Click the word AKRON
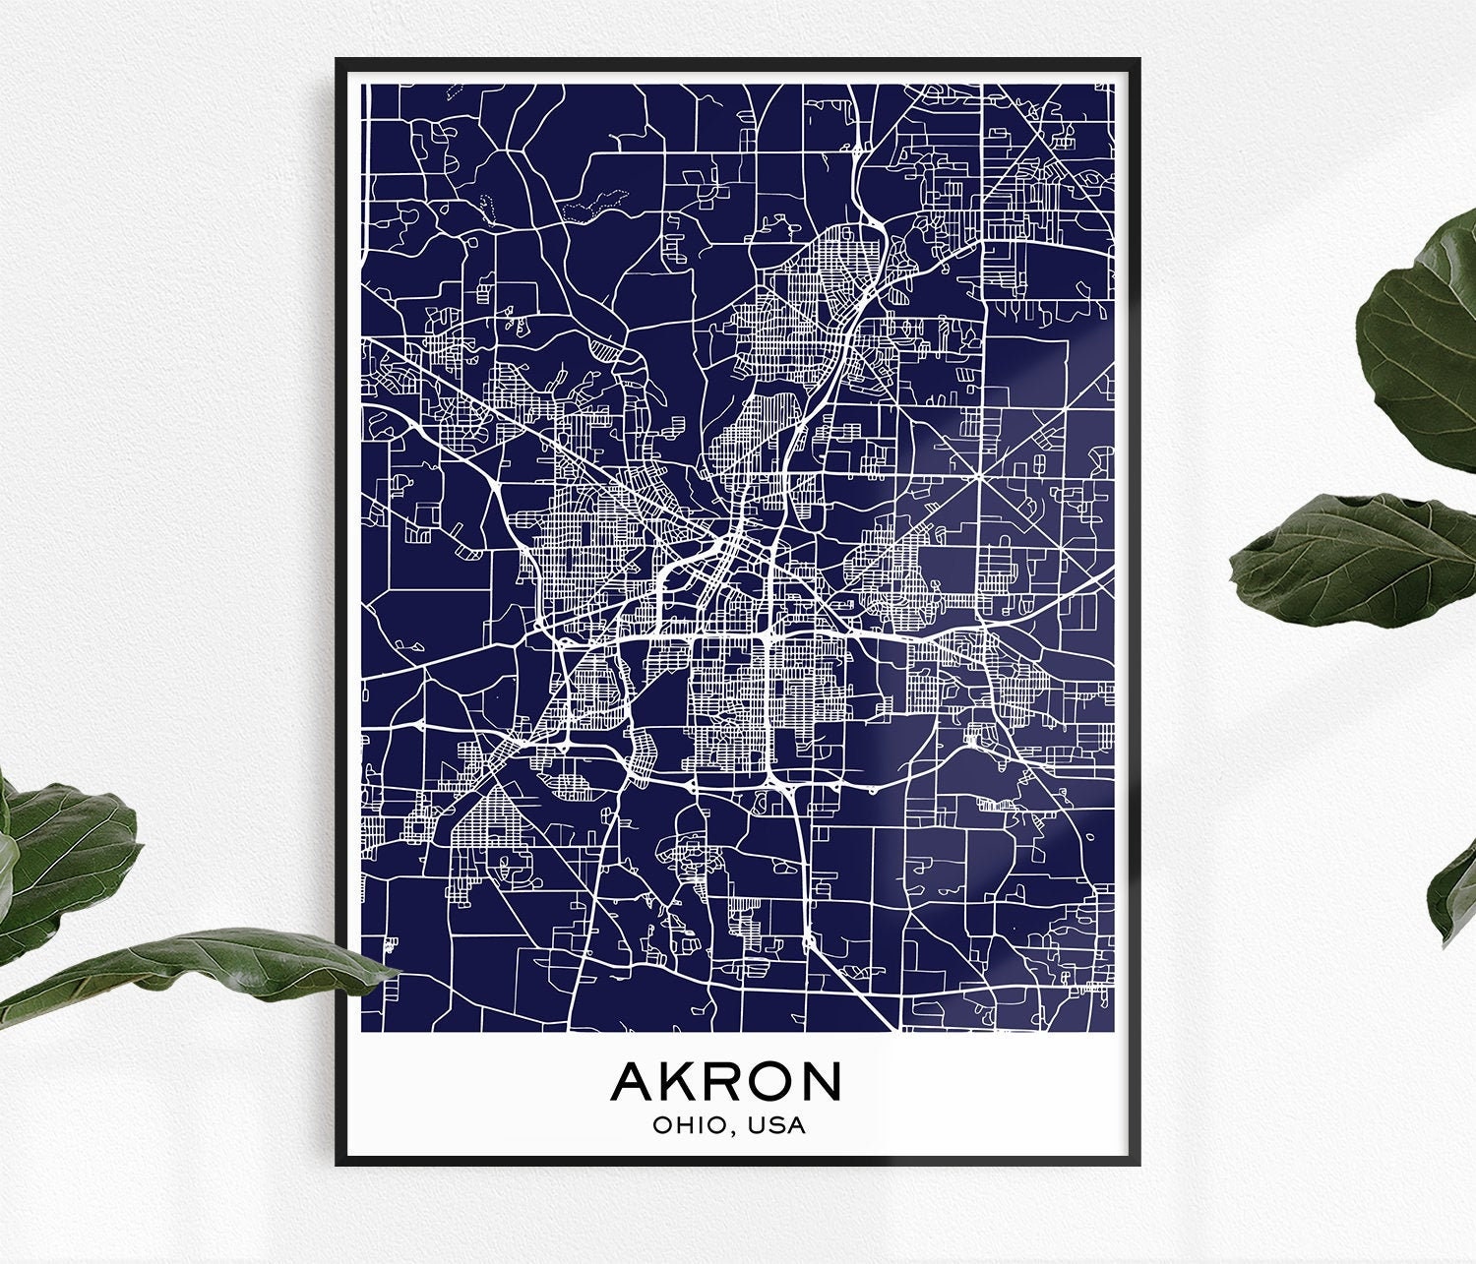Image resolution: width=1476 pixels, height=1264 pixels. pos(726,1081)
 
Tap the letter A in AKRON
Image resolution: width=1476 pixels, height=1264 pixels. pos(632,1081)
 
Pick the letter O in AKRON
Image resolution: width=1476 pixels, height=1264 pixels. pos(770,1081)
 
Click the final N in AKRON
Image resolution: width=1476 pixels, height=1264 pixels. pos(821,1081)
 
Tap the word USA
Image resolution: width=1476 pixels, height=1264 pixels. pos(776,1125)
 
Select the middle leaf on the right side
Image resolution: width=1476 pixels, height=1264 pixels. pos(1358,561)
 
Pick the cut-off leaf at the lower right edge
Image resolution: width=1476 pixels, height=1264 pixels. pos(1454,895)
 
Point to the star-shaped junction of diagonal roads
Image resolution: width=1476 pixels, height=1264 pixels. pos(980,477)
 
